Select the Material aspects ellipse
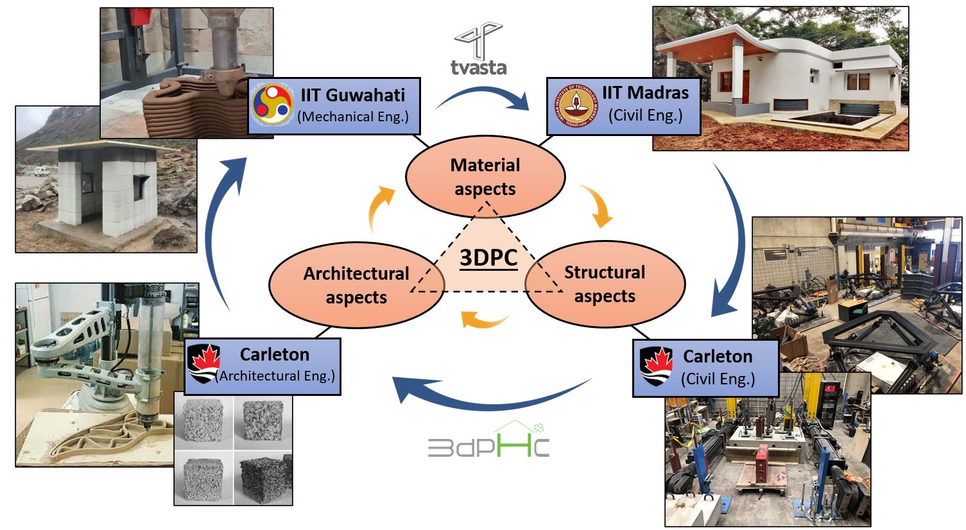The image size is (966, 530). (x=485, y=176)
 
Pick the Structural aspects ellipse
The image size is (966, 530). (x=605, y=284)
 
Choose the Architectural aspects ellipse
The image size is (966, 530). (x=356, y=285)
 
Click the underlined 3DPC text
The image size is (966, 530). (x=488, y=257)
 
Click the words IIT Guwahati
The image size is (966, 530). (x=353, y=95)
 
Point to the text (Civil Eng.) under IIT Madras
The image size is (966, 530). (x=645, y=115)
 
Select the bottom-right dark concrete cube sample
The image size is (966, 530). (x=263, y=478)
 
